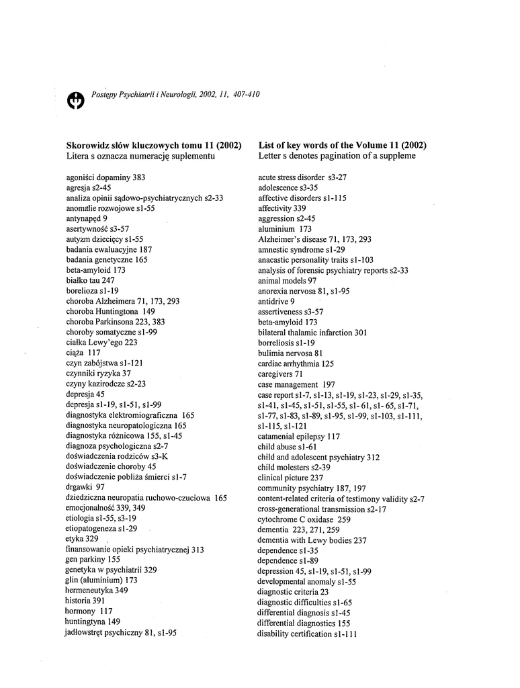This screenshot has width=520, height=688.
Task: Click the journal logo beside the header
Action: (x=76, y=99)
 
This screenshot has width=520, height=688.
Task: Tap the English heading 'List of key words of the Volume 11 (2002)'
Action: (x=342, y=145)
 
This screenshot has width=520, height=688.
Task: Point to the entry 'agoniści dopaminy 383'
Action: (x=105, y=177)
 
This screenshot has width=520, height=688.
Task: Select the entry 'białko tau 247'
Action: (x=90, y=280)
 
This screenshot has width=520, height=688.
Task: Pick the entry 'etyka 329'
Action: (x=82, y=539)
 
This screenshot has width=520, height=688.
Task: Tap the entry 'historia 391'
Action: (x=85, y=601)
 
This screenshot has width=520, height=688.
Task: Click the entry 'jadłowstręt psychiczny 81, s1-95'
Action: (x=121, y=632)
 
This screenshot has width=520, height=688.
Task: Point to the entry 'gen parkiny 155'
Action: (x=93, y=560)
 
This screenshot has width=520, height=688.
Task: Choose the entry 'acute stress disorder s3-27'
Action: (x=302, y=177)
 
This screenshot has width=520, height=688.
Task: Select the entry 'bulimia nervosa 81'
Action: (x=290, y=353)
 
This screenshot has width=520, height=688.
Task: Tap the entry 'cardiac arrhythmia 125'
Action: (x=296, y=363)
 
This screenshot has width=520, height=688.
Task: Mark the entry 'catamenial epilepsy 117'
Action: (x=299, y=436)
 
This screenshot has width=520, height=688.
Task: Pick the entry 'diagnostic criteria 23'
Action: (x=293, y=592)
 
